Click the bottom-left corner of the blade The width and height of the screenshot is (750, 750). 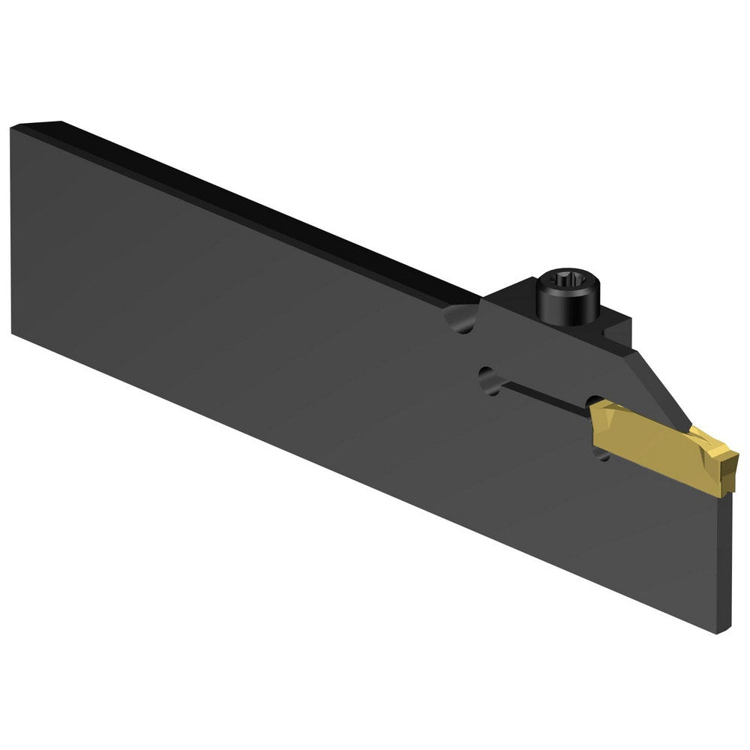pos(13,330)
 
